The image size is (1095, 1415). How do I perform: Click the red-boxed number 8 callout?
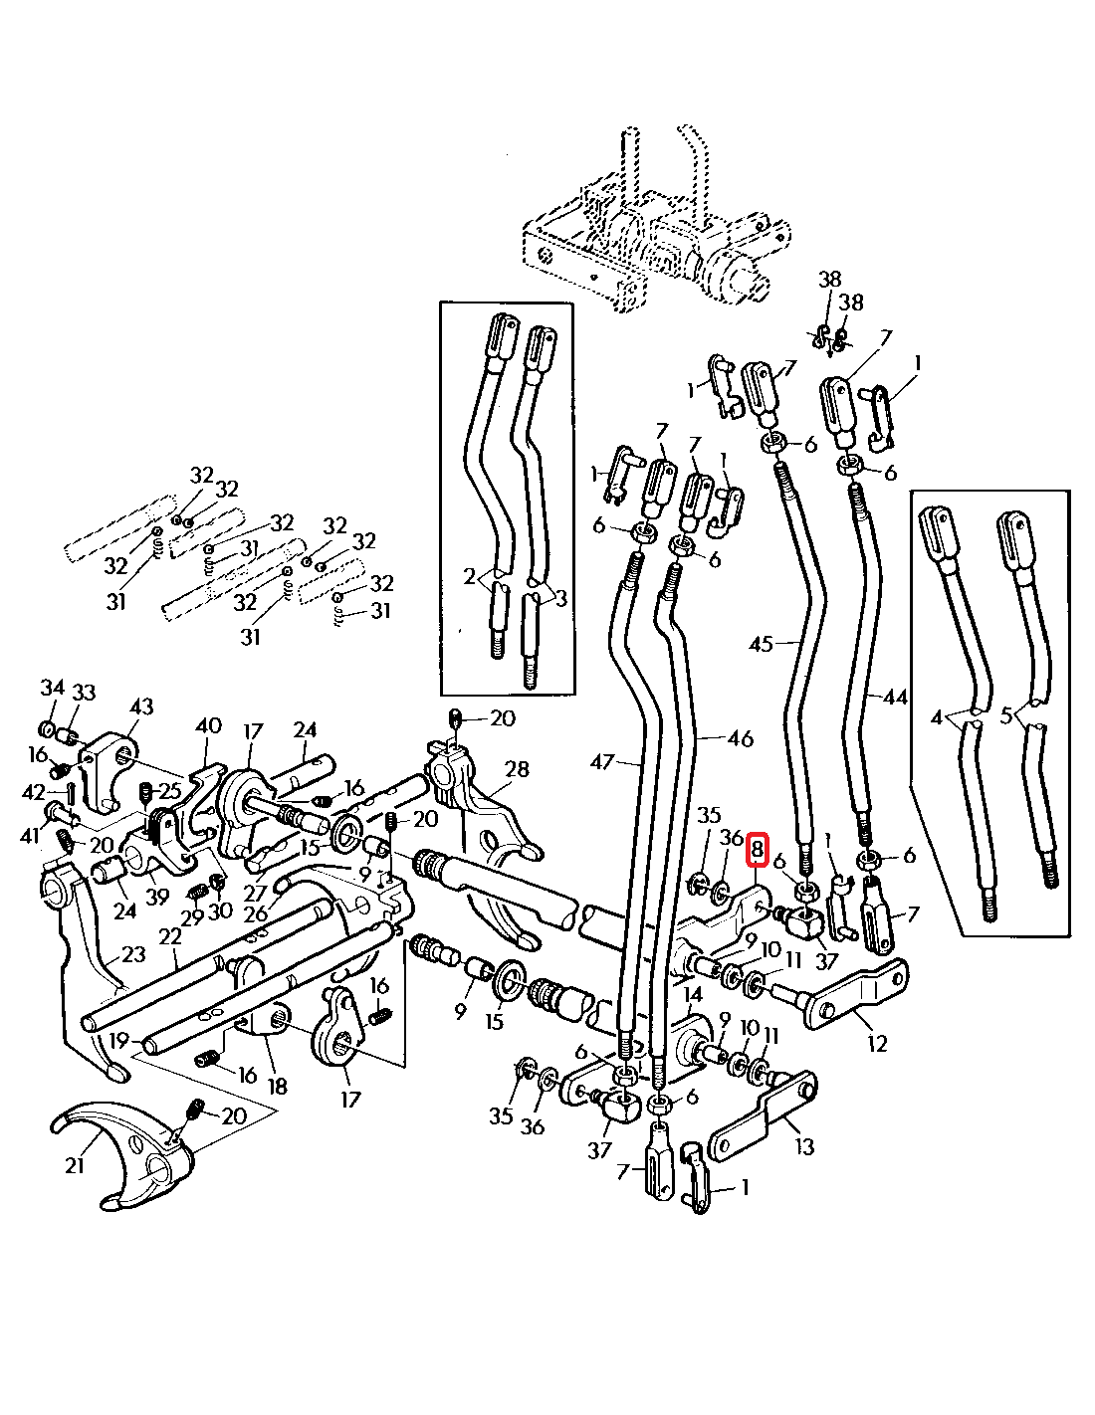click(757, 850)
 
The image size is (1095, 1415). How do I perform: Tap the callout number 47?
click(603, 762)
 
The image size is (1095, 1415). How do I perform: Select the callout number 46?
click(740, 738)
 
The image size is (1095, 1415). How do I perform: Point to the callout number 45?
click(761, 645)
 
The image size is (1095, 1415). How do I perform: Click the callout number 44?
click(895, 698)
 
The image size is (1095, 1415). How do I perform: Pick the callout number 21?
click(75, 1163)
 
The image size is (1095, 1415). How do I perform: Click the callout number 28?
click(517, 769)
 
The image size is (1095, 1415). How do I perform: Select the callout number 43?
click(141, 707)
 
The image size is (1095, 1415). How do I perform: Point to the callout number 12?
click(876, 1044)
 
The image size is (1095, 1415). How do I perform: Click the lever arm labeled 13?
click(762, 1119)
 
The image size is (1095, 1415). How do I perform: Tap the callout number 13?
click(804, 1146)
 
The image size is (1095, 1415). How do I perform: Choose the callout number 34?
click(52, 688)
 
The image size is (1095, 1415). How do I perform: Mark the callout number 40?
click(208, 725)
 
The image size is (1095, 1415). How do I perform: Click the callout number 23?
click(132, 954)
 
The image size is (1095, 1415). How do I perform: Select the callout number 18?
click(277, 1086)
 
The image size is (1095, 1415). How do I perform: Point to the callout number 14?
click(693, 994)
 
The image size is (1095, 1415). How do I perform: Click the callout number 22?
click(171, 936)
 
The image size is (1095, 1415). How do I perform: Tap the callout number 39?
click(157, 897)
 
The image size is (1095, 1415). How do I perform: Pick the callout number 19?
click(119, 1041)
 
